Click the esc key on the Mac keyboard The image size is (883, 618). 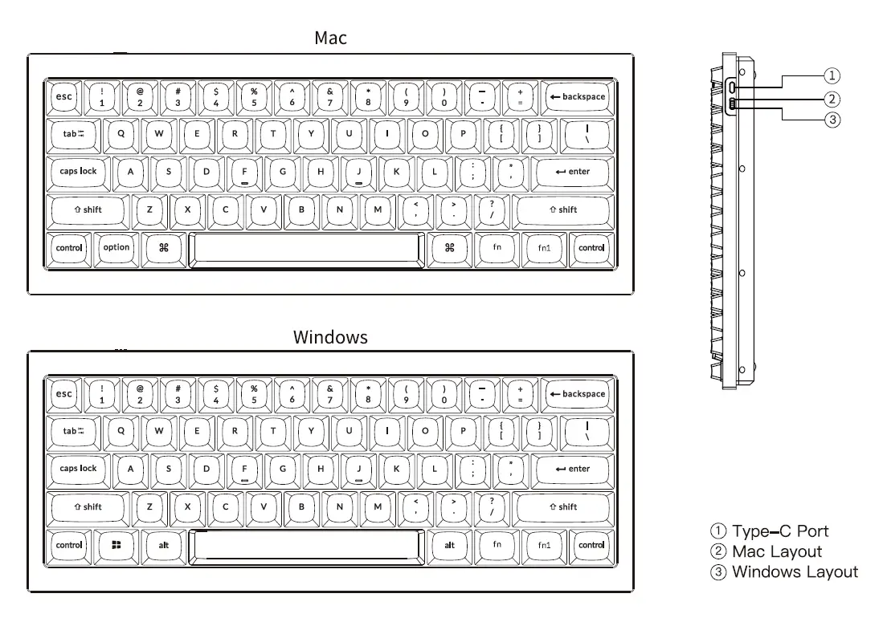63,96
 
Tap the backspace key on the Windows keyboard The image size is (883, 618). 576,394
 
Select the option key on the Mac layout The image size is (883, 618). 116,248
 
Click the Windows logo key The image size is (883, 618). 116,545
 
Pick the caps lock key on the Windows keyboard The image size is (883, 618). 78,469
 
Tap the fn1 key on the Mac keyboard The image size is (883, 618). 544,248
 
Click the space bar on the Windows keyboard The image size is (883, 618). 306,545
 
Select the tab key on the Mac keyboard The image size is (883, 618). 74,134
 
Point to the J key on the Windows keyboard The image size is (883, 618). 358,469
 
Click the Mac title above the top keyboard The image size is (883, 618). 330,38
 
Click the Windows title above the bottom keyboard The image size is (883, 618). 330,337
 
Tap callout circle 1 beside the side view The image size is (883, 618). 832,75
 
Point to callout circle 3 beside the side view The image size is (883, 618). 832,120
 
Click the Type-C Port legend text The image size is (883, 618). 779,531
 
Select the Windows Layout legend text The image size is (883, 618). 795,572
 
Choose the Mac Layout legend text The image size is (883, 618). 776,551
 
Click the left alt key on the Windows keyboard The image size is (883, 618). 164,545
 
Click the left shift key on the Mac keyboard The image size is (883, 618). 88,209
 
